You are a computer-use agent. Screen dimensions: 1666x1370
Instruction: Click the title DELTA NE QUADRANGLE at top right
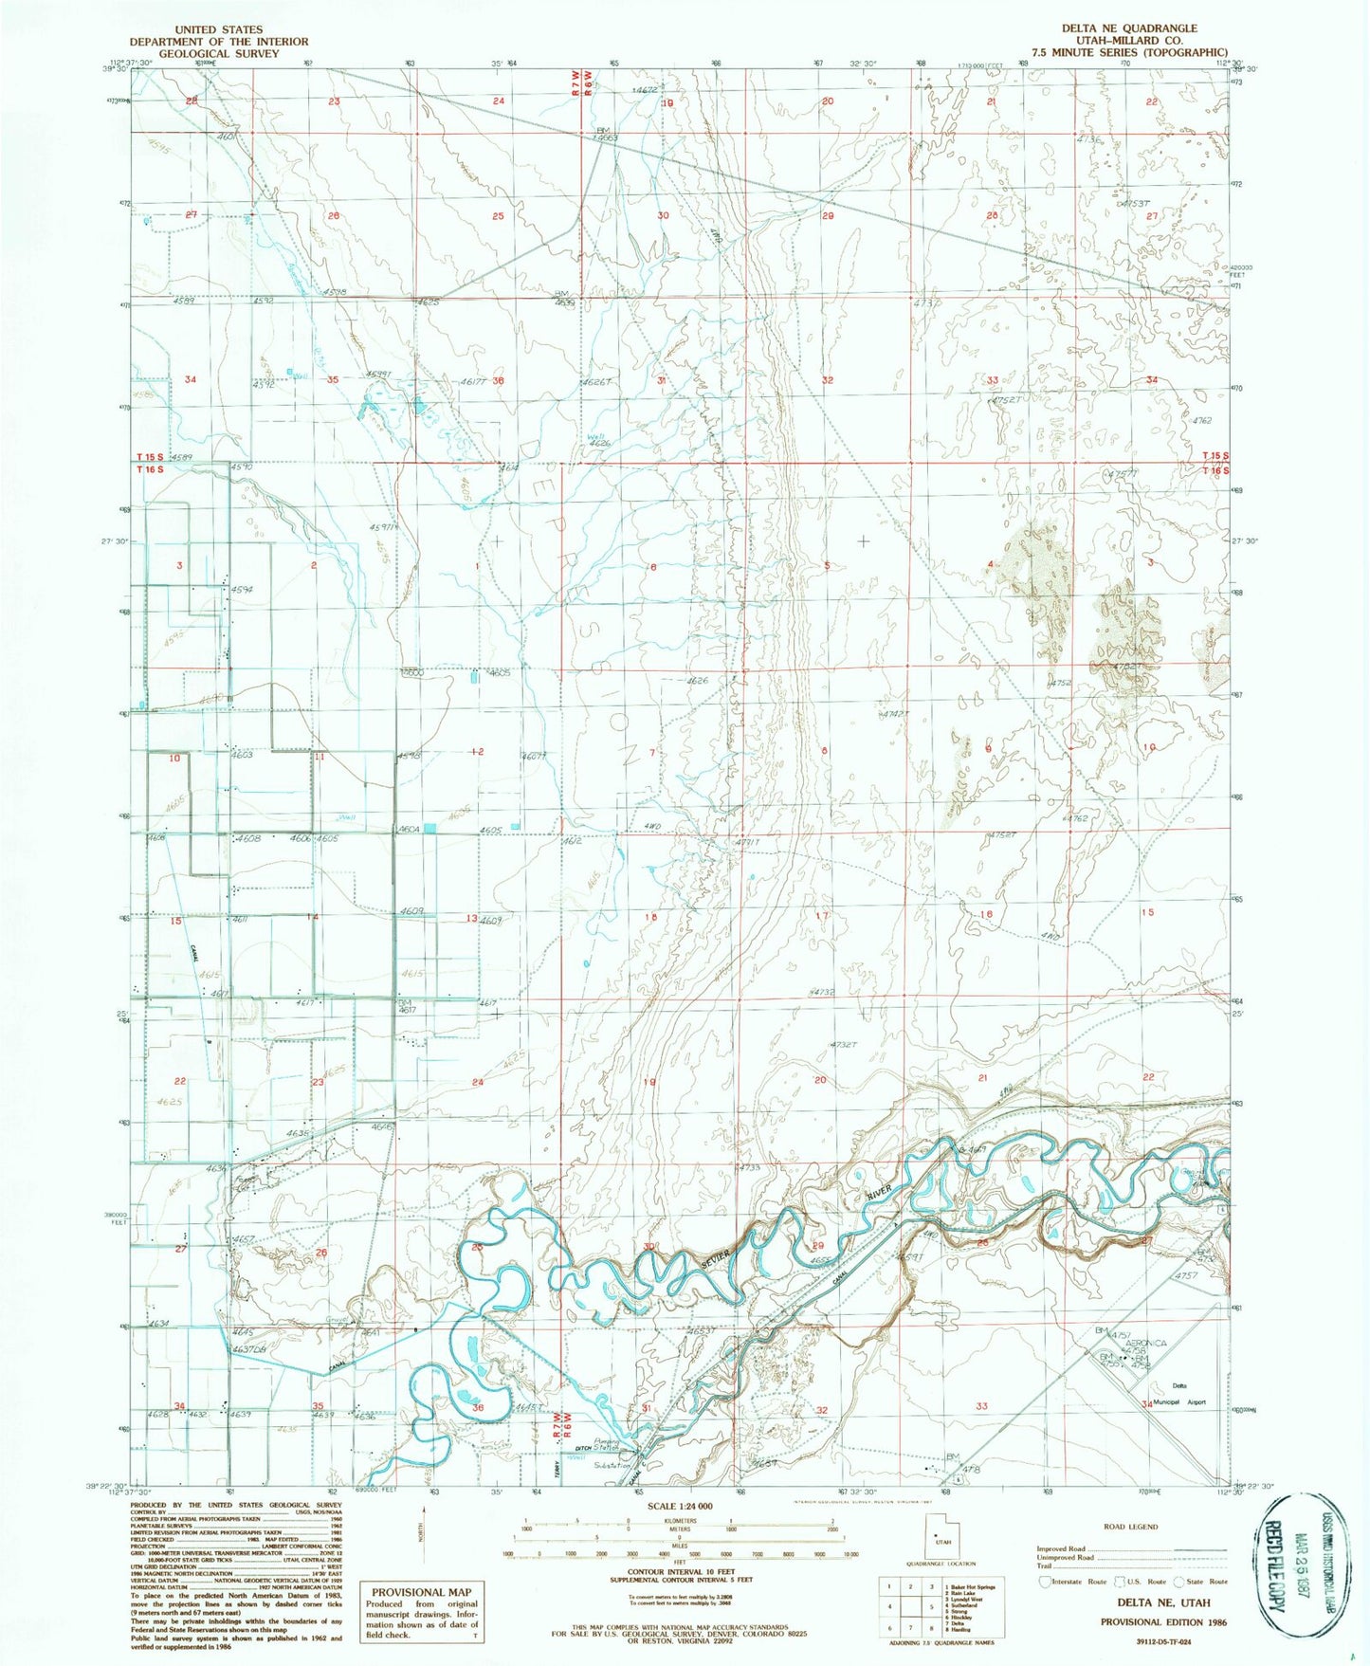click(1116, 28)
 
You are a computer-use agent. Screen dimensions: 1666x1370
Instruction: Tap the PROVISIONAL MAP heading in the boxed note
click(421, 1592)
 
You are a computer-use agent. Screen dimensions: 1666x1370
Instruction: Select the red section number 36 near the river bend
click(478, 1407)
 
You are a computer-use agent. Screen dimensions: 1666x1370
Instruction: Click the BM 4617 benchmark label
click(407, 1006)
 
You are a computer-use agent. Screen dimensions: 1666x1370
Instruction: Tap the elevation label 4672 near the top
click(645, 90)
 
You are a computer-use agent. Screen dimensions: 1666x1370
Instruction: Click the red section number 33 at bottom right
click(981, 1406)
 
